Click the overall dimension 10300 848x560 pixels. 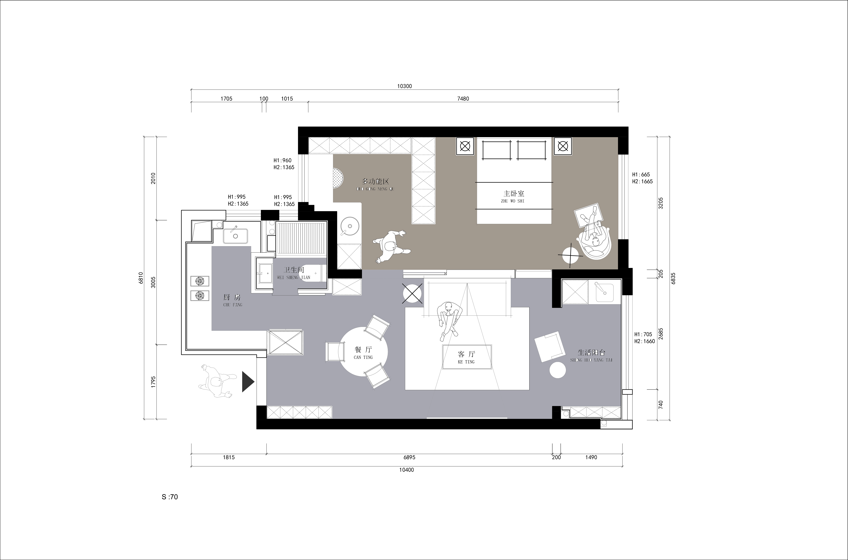(x=405, y=86)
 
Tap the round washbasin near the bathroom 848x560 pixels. (x=348, y=226)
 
